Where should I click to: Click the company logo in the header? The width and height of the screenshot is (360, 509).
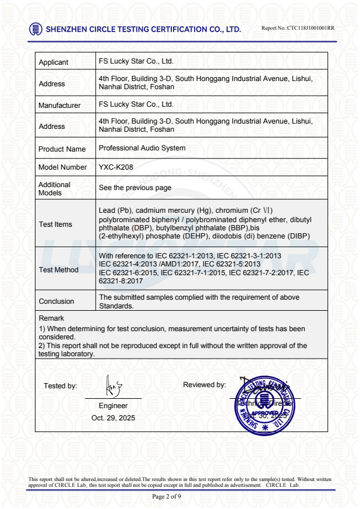click(x=36, y=29)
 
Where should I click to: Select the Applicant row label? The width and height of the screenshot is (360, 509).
click(x=54, y=62)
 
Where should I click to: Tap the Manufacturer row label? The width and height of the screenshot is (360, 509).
click(x=59, y=106)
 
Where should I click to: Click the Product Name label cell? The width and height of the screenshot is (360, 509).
click(x=62, y=149)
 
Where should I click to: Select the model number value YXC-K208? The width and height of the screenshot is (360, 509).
click(x=116, y=167)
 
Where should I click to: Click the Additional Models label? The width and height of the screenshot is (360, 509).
click(x=55, y=188)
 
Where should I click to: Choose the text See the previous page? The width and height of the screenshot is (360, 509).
click(x=135, y=188)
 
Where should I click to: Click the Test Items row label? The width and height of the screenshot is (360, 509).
click(x=55, y=224)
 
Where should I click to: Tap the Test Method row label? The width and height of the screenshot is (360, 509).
click(x=58, y=270)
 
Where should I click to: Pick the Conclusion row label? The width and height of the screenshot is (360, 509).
click(x=57, y=301)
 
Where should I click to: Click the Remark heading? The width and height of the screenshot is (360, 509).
click(x=51, y=318)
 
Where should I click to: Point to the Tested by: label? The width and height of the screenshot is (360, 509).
click(x=60, y=386)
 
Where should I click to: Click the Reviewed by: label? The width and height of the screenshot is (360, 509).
click(x=204, y=385)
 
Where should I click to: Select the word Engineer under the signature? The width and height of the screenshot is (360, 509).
click(x=113, y=406)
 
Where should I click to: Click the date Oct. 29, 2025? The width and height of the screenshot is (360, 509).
click(x=113, y=418)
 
